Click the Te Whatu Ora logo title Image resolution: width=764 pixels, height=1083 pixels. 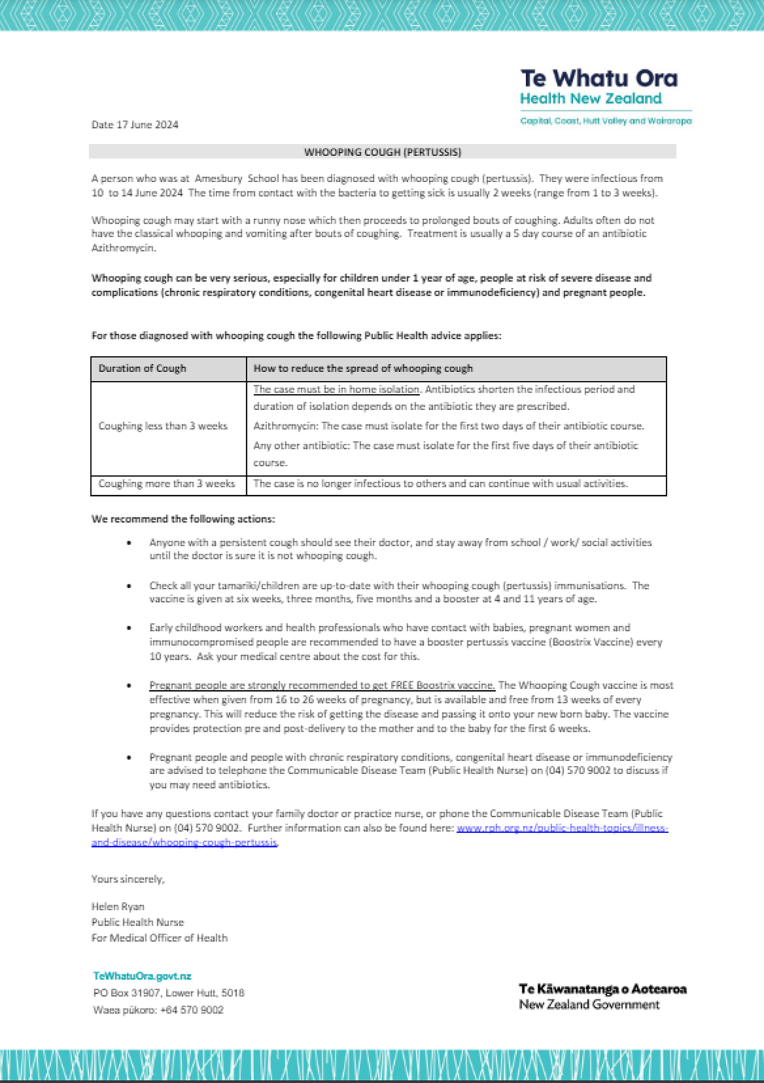(598, 79)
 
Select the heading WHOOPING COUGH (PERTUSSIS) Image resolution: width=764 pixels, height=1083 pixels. (383, 152)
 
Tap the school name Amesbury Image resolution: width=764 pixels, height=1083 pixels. (219, 178)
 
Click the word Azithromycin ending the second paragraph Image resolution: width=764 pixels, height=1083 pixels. (123, 248)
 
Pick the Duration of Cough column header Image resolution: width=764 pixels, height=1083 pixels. (142, 368)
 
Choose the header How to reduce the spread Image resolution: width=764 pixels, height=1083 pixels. (363, 368)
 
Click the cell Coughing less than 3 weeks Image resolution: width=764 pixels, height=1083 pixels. (163, 426)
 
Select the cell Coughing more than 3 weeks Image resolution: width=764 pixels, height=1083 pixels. (167, 484)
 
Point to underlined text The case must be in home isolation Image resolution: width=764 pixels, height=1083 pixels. (336, 389)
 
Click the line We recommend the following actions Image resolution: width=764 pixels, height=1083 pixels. (183, 519)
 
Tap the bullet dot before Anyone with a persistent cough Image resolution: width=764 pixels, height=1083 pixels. (129, 543)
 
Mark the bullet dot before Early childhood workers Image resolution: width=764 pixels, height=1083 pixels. (129, 628)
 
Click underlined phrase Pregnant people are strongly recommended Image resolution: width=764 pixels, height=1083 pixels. (322, 685)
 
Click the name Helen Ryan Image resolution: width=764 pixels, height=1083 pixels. (118, 906)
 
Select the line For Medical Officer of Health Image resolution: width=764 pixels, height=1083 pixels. (160, 938)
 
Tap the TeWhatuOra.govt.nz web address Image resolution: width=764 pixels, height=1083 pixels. (142, 976)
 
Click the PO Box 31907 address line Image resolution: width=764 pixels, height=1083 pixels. (169, 993)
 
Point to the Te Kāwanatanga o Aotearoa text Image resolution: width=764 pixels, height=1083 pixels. (602, 989)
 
